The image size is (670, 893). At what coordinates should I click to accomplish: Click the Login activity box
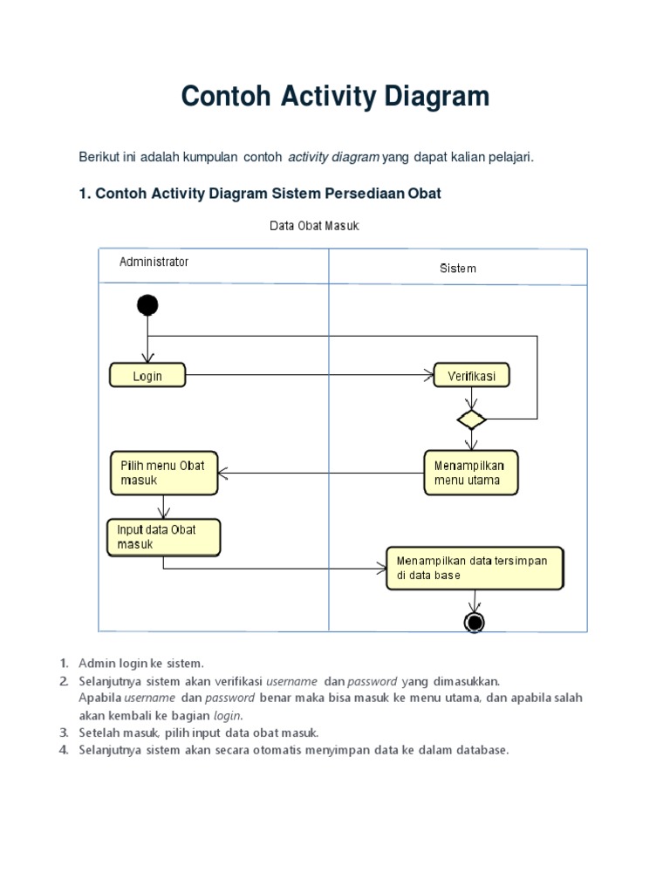tap(147, 376)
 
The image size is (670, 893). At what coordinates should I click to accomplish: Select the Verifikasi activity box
tap(471, 376)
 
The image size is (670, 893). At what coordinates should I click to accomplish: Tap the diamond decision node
tap(471, 419)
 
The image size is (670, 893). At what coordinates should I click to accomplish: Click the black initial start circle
tap(147, 304)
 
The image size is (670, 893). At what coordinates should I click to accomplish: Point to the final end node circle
tap(475, 622)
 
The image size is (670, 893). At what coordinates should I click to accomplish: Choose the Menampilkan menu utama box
tap(470, 473)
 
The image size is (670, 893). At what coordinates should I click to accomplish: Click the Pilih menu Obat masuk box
tap(164, 473)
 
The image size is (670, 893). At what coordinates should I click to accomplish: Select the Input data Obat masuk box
tap(163, 537)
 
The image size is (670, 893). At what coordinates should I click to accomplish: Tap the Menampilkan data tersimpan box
tap(475, 569)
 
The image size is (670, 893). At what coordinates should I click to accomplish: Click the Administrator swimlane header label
tap(154, 262)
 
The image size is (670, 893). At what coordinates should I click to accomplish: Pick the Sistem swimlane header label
tap(457, 269)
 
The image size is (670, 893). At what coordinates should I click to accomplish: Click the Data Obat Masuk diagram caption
tap(314, 226)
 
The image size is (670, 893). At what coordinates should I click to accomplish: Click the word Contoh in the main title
tap(227, 97)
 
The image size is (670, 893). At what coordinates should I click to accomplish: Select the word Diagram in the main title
tap(441, 97)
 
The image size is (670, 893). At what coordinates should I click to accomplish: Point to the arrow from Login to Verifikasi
tap(310, 376)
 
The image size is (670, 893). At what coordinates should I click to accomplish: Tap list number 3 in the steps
tap(64, 733)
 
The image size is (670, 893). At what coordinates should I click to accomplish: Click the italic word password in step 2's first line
tap(373, 680)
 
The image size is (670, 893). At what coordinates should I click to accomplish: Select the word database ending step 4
tap(478, 750)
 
